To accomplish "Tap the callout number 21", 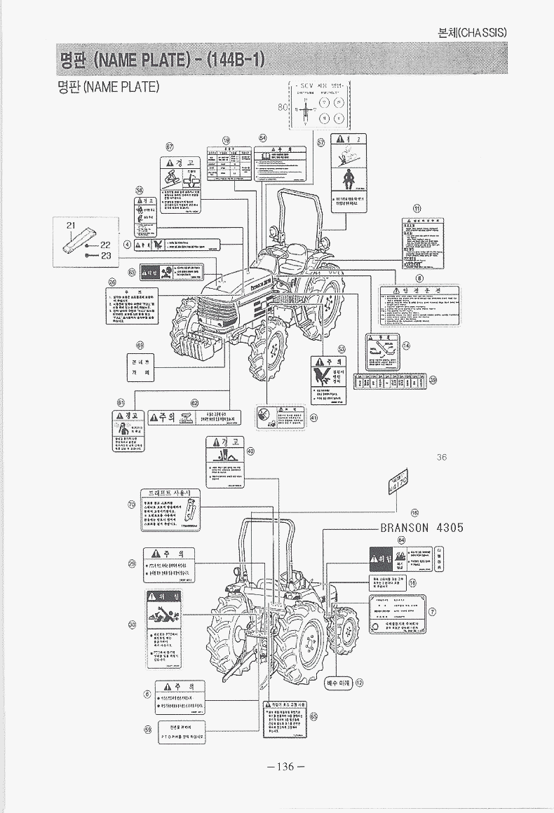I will [x=70, y=224].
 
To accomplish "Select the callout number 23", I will [x=107, y=256].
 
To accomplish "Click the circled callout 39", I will [x=433, y=380].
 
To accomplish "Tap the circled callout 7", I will [x=433, y=611].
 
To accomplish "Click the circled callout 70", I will [x=132, y=504].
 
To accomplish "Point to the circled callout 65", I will [x=313, y=716].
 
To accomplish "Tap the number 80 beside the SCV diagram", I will [x=283, y=107].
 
